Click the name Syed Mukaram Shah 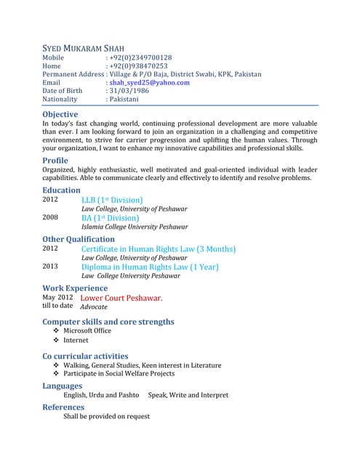pos(88,48)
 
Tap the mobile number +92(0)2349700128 pos(140,57)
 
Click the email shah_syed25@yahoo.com pos(148,83)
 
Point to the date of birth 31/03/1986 pos(130,91)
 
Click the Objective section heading pos(63,115)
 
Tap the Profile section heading pos(55,160)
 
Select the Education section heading pos(61,190)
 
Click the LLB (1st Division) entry pos(112,200)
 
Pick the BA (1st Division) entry pos(110,218)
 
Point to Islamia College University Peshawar pos(135,227)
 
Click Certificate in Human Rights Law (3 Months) pos(159,249)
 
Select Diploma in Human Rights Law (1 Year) pos(150,267)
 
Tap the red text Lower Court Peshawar pos(121,298)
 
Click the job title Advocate pos(94,307)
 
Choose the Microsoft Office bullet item pos(87,331)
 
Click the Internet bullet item pos(76,340)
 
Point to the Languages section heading pos(62,386)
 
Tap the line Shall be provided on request pos(107,416)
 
